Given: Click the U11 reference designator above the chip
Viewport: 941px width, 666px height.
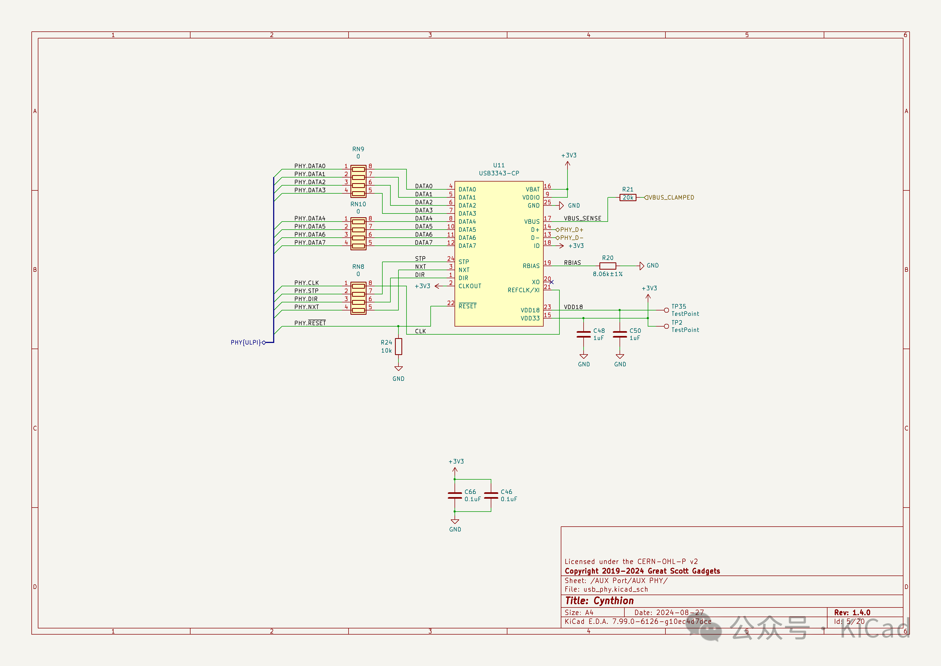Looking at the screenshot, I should (x=499, y=165).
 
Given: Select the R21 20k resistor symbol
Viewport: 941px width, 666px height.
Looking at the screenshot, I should (x=628, y=198).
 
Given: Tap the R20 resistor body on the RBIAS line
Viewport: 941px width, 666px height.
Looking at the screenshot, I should (x=607, y=266).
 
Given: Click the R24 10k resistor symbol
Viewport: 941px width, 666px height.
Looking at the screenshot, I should (x=398, y=346).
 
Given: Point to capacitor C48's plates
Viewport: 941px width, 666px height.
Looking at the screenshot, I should (x=584, y=334).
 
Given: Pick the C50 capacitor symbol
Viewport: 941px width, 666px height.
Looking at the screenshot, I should (x=620, y=334).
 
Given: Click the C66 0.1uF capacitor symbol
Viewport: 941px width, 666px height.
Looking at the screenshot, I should (x=455, y=495).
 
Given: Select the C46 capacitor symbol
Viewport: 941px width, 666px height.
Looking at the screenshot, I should (x=491, y=495).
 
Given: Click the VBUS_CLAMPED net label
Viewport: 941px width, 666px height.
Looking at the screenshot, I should (x=671, y=198).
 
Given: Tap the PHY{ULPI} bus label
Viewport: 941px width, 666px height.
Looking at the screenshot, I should (x=246, y=342).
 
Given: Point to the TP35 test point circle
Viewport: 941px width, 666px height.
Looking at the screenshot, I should (x=667, y=310).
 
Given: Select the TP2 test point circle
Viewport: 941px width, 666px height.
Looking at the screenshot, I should (x=667, y=327).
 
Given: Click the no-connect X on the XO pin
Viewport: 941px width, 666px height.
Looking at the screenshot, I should (x=552, y=282).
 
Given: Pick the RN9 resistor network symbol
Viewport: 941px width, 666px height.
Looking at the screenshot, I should (x=358, y=181).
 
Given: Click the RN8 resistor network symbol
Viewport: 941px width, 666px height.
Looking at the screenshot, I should (x=358, y=298).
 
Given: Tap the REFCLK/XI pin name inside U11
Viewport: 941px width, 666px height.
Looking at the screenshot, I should (x=523, y=290).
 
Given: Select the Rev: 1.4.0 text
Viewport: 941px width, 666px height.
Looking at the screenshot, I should (x=852, y=612).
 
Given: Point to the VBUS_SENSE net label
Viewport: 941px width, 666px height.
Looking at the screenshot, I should (x=582, y=219).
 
